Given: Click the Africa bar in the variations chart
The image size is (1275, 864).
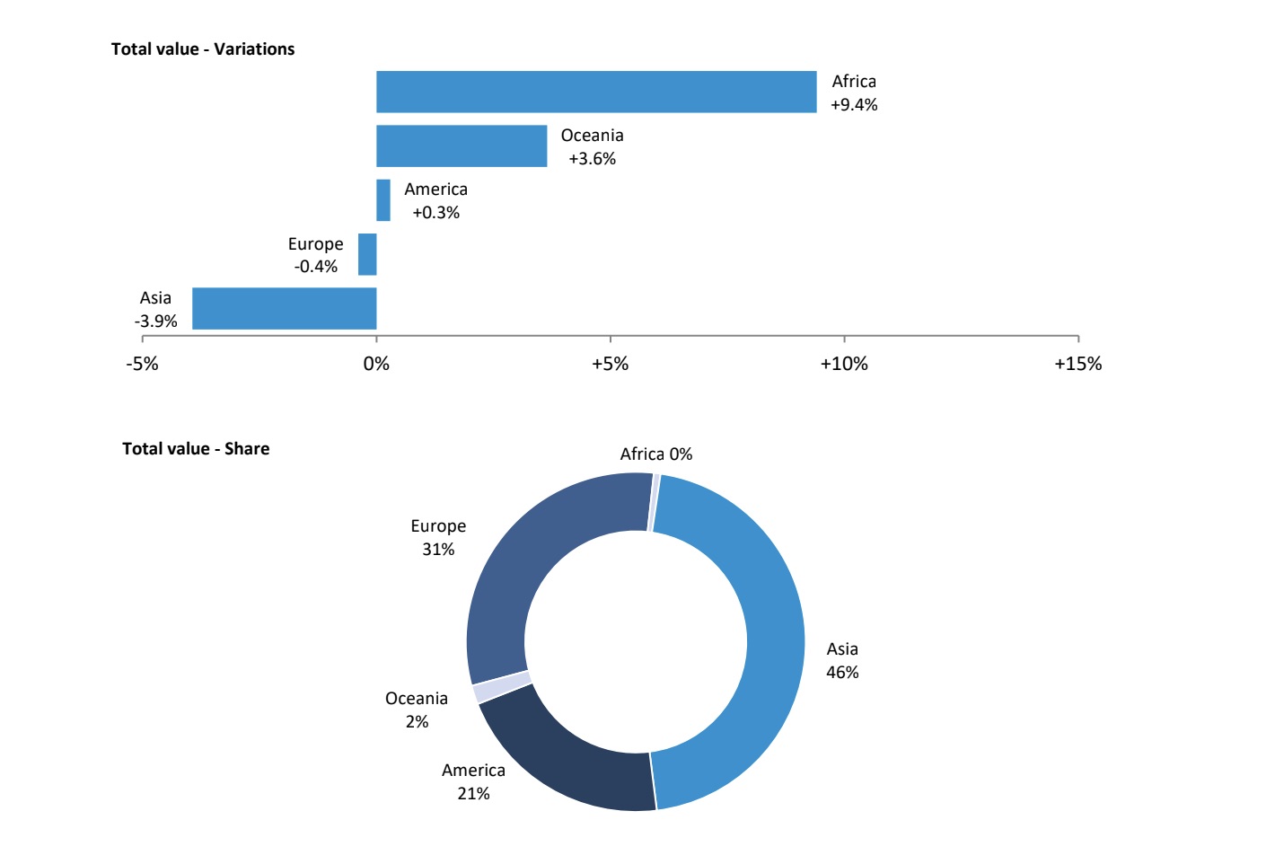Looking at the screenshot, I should (x=596, y=92).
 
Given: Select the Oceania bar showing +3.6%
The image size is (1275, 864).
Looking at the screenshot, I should (x=462, y=145).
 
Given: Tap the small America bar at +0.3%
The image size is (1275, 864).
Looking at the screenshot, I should (x=383, y=200).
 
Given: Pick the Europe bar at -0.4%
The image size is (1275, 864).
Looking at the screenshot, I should (x=367, y=254).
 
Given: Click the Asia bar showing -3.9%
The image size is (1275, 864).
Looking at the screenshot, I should (x=284, y=308).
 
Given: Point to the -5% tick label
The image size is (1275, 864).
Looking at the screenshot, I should (x=142, y=364).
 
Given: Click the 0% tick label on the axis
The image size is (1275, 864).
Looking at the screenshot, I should (x=376, y=364).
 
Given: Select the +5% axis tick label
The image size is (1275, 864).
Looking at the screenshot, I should (x=610, y=364).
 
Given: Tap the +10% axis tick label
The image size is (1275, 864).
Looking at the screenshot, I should (x=844, y=364).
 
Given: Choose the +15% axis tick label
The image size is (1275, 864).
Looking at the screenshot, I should (x=1077, y=364).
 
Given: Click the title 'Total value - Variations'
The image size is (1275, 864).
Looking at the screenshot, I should (x=203, y=49).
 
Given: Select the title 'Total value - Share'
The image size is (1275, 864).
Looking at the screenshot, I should (x=196, y=449).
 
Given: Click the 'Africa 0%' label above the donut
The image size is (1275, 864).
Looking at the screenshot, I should (x=656, y=454).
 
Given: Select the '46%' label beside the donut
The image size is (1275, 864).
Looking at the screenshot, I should (x=842, y=673).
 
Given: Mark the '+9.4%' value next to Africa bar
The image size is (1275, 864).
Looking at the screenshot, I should (x=854, y=105).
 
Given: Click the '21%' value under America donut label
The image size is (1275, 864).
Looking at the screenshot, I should (x=473, y=794).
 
